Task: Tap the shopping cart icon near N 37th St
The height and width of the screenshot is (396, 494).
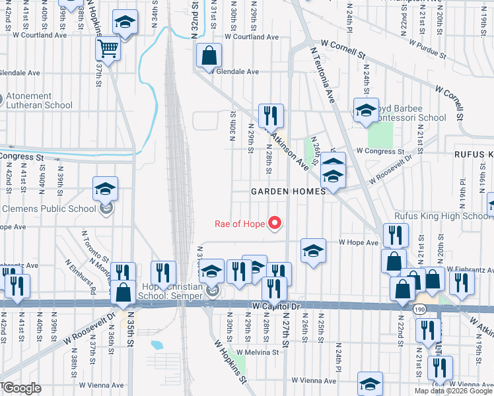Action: coord(107,48)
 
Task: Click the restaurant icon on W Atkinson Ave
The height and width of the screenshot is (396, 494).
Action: coord(271,117)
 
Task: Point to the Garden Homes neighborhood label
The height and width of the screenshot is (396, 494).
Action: coord(289,191)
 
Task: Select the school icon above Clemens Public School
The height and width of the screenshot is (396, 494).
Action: coord(105,189)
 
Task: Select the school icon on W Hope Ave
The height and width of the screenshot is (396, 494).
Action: coord(313,251)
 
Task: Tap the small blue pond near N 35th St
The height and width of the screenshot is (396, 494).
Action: coord(157,345)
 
